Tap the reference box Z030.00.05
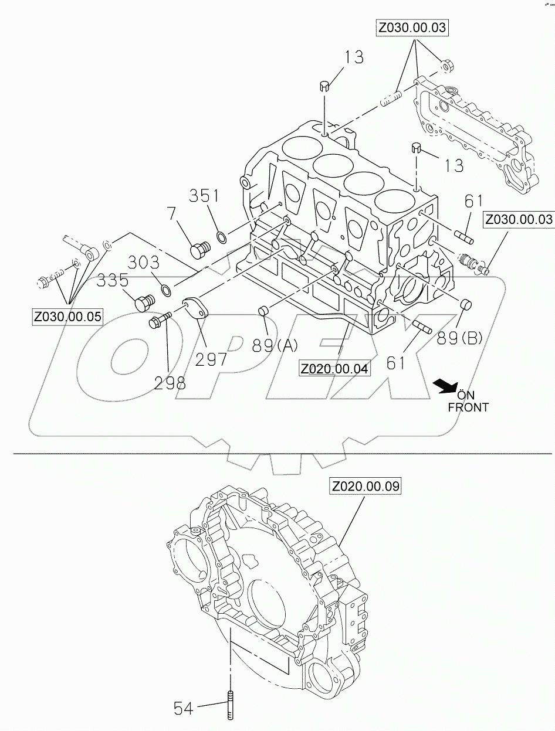(67, 317)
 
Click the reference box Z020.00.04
(335, 369)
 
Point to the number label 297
(211, 359)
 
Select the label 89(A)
(275, 346)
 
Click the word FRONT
(468, 407)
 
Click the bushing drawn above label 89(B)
(466, 304)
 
